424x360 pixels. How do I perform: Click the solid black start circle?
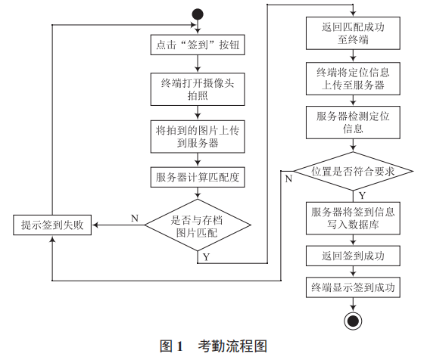[x=198, y=14]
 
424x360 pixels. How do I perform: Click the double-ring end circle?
[x=352, y=320]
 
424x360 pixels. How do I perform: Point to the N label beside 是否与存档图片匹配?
[x=134, y=219]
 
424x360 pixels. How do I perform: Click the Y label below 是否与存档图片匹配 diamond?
[x=207, y=256]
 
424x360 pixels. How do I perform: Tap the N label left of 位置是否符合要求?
[x=288, y=179]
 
